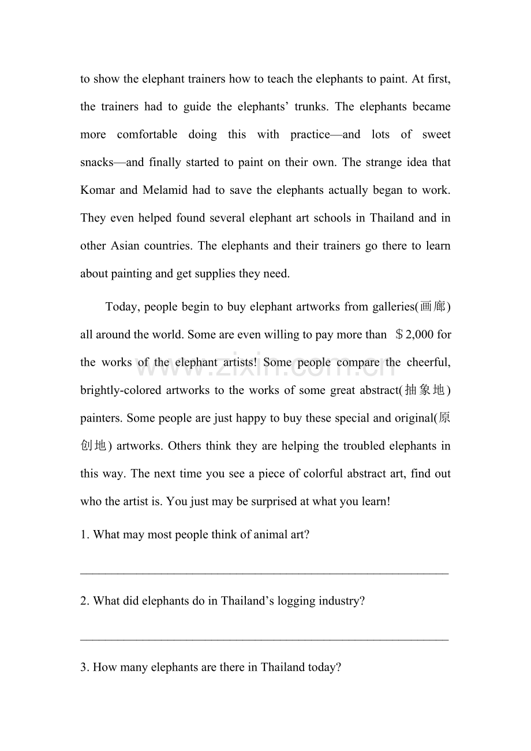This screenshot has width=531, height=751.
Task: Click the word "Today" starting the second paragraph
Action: pyautogui.click(x=122, y=307)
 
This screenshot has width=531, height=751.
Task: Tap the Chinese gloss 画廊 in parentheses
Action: pyautogui.click(x=433, y=307)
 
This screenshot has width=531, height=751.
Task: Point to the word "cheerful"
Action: pyautogui.click(x=428, y=362)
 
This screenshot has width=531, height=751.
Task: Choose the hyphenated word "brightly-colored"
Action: pyautogui.click(x=121, y=390)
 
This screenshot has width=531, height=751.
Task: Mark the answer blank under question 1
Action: pyautogui.click(x=264, y=572)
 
